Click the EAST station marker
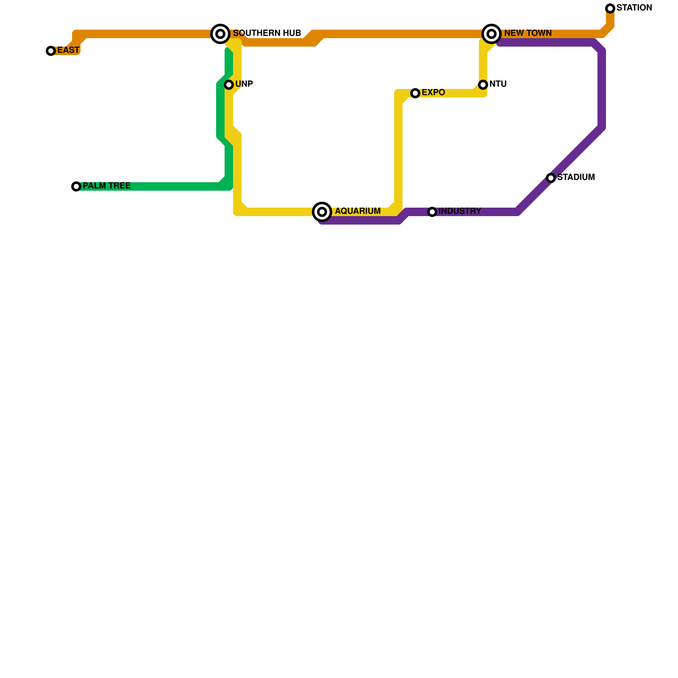pyautogui.click(x=51, y=51)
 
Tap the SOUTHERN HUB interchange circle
pyautogui.click(x=220, y=34)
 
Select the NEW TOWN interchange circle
pyautogui.click(x=492, y=34)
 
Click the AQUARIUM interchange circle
pyautogui.click(x=322, y=211)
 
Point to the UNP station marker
pyautogui.click(x=229, y=85)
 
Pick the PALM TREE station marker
pyautogui.click(x=76, y=186)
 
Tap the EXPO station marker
pyautogui.click(x=415, y=93)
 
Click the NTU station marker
pyautogui.click(x=483, y=85)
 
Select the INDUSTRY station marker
pyautogui.click(x=432, y=212)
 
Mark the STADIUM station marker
pyautogui.click(x=551, y=178)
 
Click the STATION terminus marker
pyautogui.click(x=610, y=8)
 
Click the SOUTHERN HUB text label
pyautogui.click(x=267, y=33)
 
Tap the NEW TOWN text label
pyautogui.click(x=528, y=33)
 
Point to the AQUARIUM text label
pyautogui.click(x=358, y=211)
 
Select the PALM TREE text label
pyautogui.click(x=106, y=186)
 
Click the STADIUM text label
pyautogui.click(x=576, y=178)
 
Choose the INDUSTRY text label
pyautogui.click(x=460, y=211)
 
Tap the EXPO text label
pyautogui.click(x=433, y=93)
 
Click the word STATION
pyautogui.click(x=634, y=8)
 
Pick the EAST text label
pyautogui.click(x=68, y=50)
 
